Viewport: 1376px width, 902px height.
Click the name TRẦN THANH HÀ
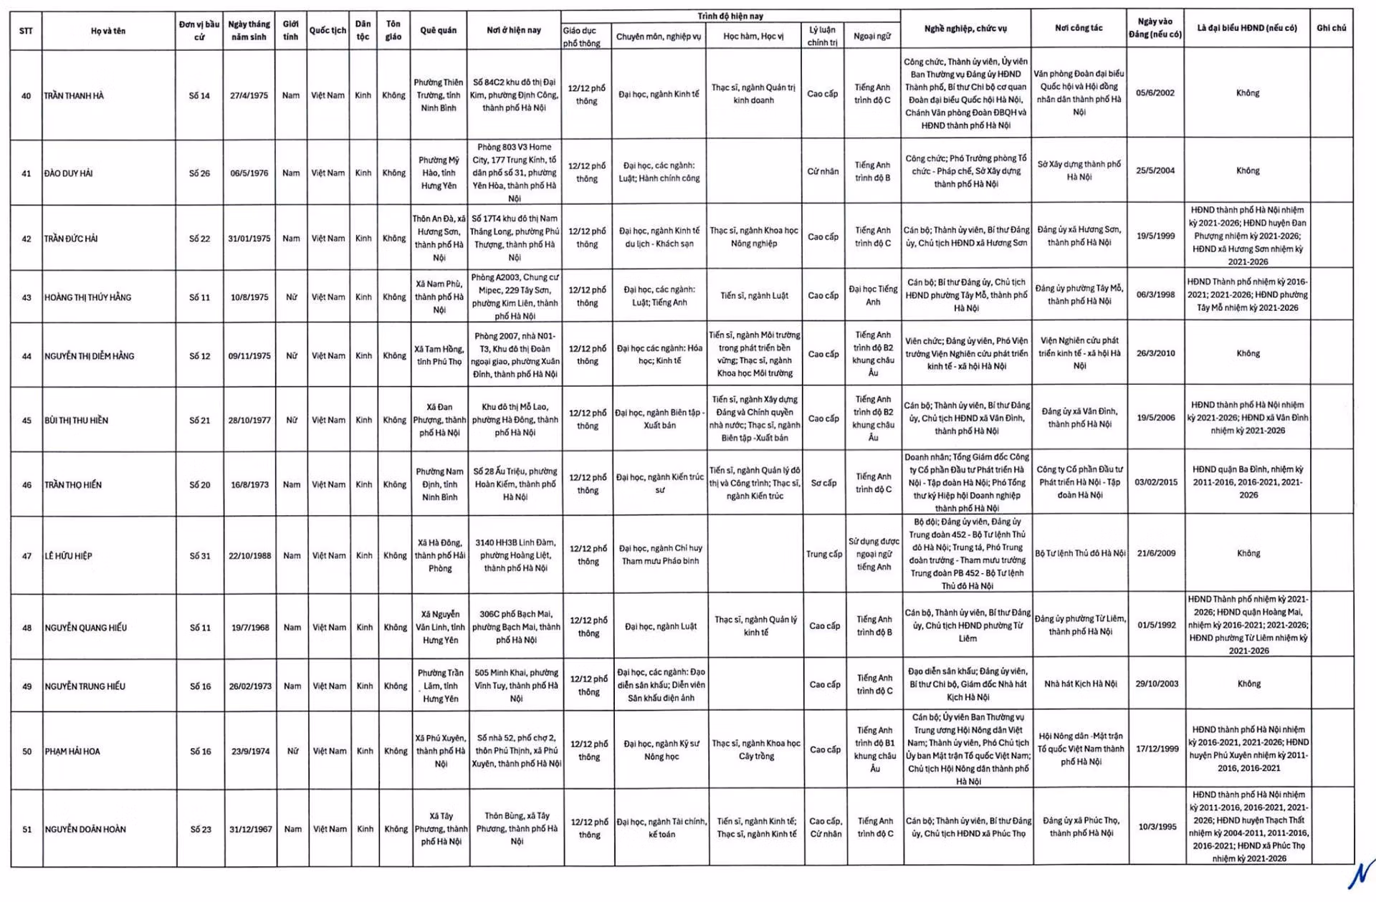coord(74,95)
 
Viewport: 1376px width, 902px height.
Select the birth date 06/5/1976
coord(249,173)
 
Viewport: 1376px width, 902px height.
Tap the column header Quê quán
coord(438,30)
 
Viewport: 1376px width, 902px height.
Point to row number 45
coord(27,421)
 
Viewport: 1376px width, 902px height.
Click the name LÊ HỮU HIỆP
coord(69,556)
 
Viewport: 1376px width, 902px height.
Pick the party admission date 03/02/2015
coord(1156,482)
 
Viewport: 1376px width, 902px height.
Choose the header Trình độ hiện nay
coord(730,16)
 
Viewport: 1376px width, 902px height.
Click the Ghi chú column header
coord(1331,28)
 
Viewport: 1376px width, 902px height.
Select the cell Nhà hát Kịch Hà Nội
coord(1080,684)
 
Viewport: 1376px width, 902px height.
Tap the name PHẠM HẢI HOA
coord(72,752)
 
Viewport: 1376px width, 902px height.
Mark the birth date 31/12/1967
coord(251,829)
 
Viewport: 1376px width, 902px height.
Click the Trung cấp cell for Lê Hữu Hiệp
coord(824,554)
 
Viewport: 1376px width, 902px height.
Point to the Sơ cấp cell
coord(823,483)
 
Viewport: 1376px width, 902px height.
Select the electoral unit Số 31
coord(201,555)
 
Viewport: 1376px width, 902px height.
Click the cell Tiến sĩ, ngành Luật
coord(754,295)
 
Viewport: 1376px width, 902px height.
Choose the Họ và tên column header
coord(108,31)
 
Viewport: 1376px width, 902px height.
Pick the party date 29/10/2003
coord(1157,684)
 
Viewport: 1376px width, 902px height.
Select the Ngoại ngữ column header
coord(872,36)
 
